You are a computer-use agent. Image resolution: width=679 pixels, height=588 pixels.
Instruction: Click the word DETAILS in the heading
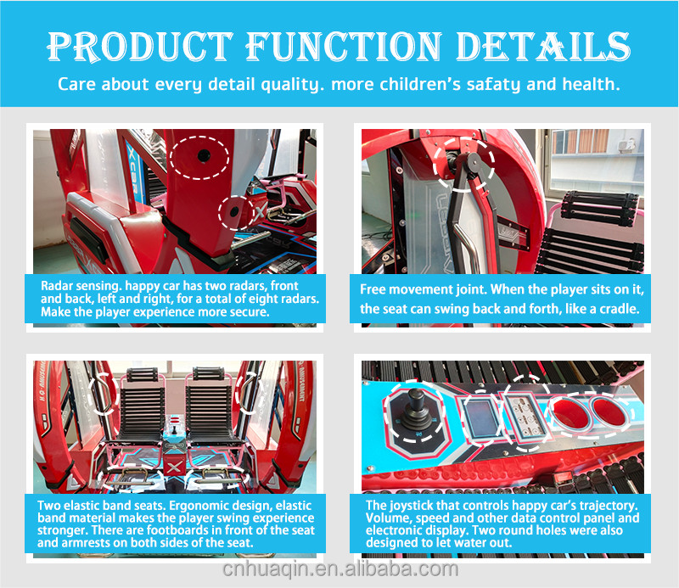pyautogui.click(x=543, y=46)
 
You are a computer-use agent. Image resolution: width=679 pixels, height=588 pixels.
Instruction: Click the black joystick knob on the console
pyautogui.click(x=416, y=397)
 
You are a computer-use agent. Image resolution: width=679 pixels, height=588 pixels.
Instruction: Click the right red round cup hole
pyautogui.click(x=609, y=412)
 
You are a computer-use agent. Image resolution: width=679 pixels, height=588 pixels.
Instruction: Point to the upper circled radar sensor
pyautogui.click(x=204, y=155)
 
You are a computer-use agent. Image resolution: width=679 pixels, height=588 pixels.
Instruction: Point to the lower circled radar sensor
pyautogui.click(x=234, y=212)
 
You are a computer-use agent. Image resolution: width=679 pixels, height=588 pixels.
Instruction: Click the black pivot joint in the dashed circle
pyautogui.click(x=474, y=164)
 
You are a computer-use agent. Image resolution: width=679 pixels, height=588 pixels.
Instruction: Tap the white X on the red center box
pyautogui.click(x=174, y=468)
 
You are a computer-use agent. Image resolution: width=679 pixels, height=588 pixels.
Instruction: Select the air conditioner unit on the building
pyautogui.click(x=626, y=145)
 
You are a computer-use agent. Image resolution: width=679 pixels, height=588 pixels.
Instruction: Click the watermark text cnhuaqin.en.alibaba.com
pyautogui.click(x=340, y=569)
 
